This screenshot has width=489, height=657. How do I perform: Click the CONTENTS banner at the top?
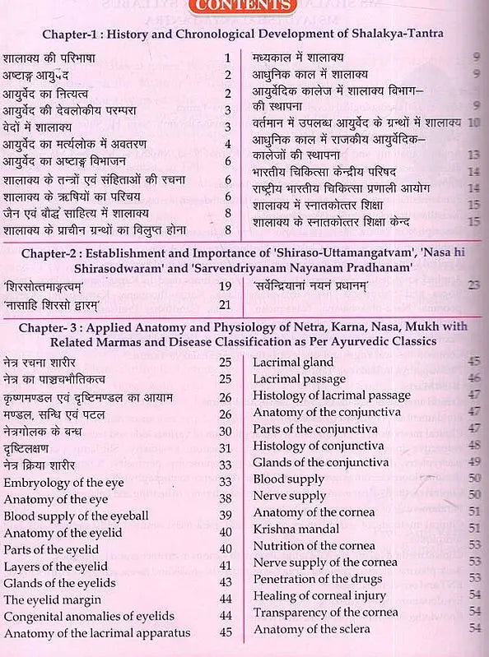point(243,7)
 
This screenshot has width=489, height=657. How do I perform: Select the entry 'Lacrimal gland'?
point(293,362)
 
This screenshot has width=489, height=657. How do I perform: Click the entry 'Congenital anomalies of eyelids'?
point(89,615)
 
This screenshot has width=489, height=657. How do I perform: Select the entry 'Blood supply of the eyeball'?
point(77,516)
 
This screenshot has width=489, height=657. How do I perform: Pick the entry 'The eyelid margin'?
point(54,599)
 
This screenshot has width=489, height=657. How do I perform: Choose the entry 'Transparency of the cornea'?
point(325,612)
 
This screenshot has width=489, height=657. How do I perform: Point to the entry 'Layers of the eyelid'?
point(56,566)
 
